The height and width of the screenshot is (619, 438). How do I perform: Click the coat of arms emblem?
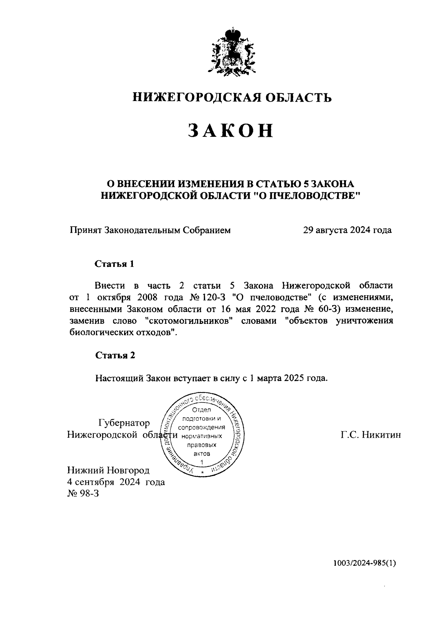(x=231, y=51)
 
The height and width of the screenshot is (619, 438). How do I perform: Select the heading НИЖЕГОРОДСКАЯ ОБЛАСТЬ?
(x=232, y=97)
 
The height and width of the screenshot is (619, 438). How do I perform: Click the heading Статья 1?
(x=115, y=264)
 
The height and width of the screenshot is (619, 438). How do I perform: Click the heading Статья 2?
(x=115, y=355)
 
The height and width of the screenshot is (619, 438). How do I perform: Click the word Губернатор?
(x=124, y=423)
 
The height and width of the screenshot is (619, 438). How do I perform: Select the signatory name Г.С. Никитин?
(x=371, y=435)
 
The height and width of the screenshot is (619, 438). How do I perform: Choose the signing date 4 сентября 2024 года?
(x=116, y=482)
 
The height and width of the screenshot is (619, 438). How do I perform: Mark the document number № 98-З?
(x=83, y=494)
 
